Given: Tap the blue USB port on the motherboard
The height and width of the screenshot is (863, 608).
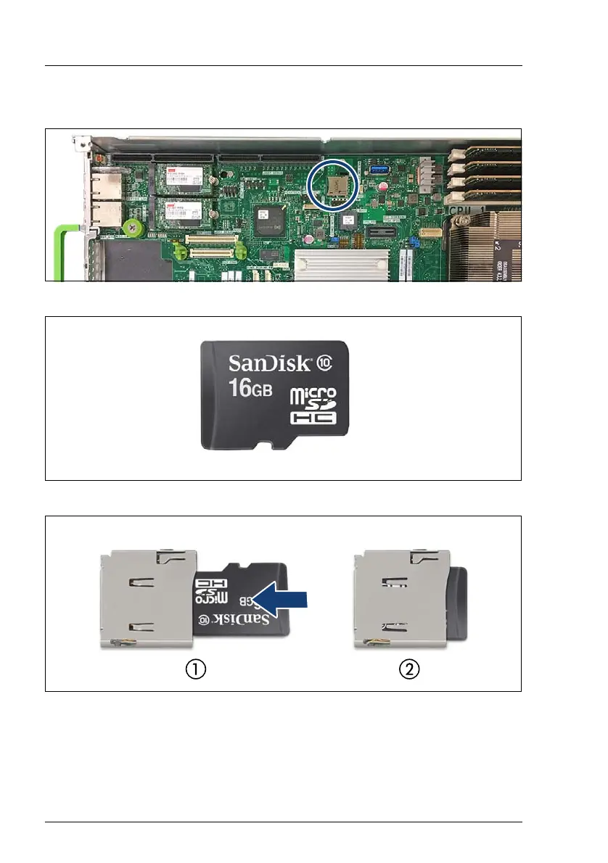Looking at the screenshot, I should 379,170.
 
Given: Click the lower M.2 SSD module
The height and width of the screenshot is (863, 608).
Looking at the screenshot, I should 182,210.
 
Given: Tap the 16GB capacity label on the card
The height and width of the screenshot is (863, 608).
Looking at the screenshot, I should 250,388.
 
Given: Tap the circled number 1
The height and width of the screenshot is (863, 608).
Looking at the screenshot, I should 195,669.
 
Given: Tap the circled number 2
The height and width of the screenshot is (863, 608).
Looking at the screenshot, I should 410,669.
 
